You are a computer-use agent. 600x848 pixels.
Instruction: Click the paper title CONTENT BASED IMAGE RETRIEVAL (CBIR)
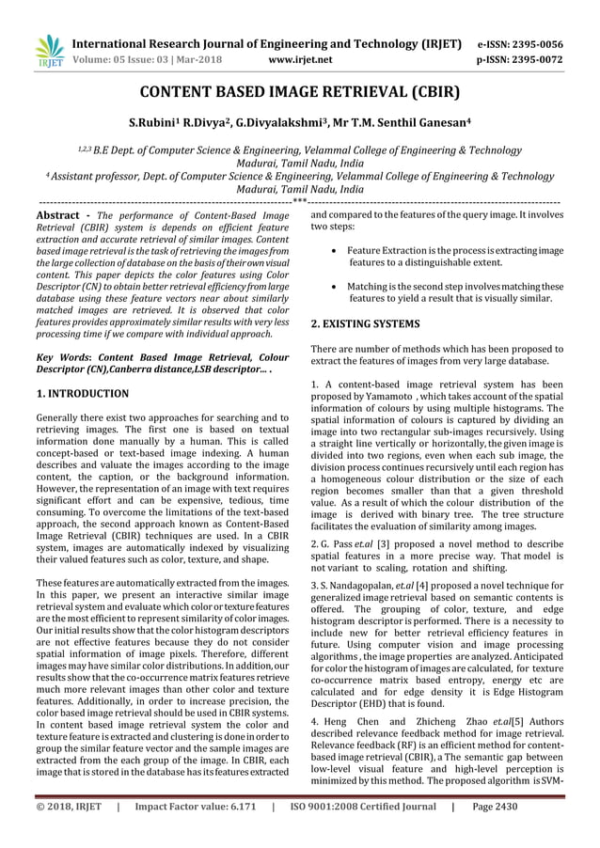(x=300, y=94)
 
